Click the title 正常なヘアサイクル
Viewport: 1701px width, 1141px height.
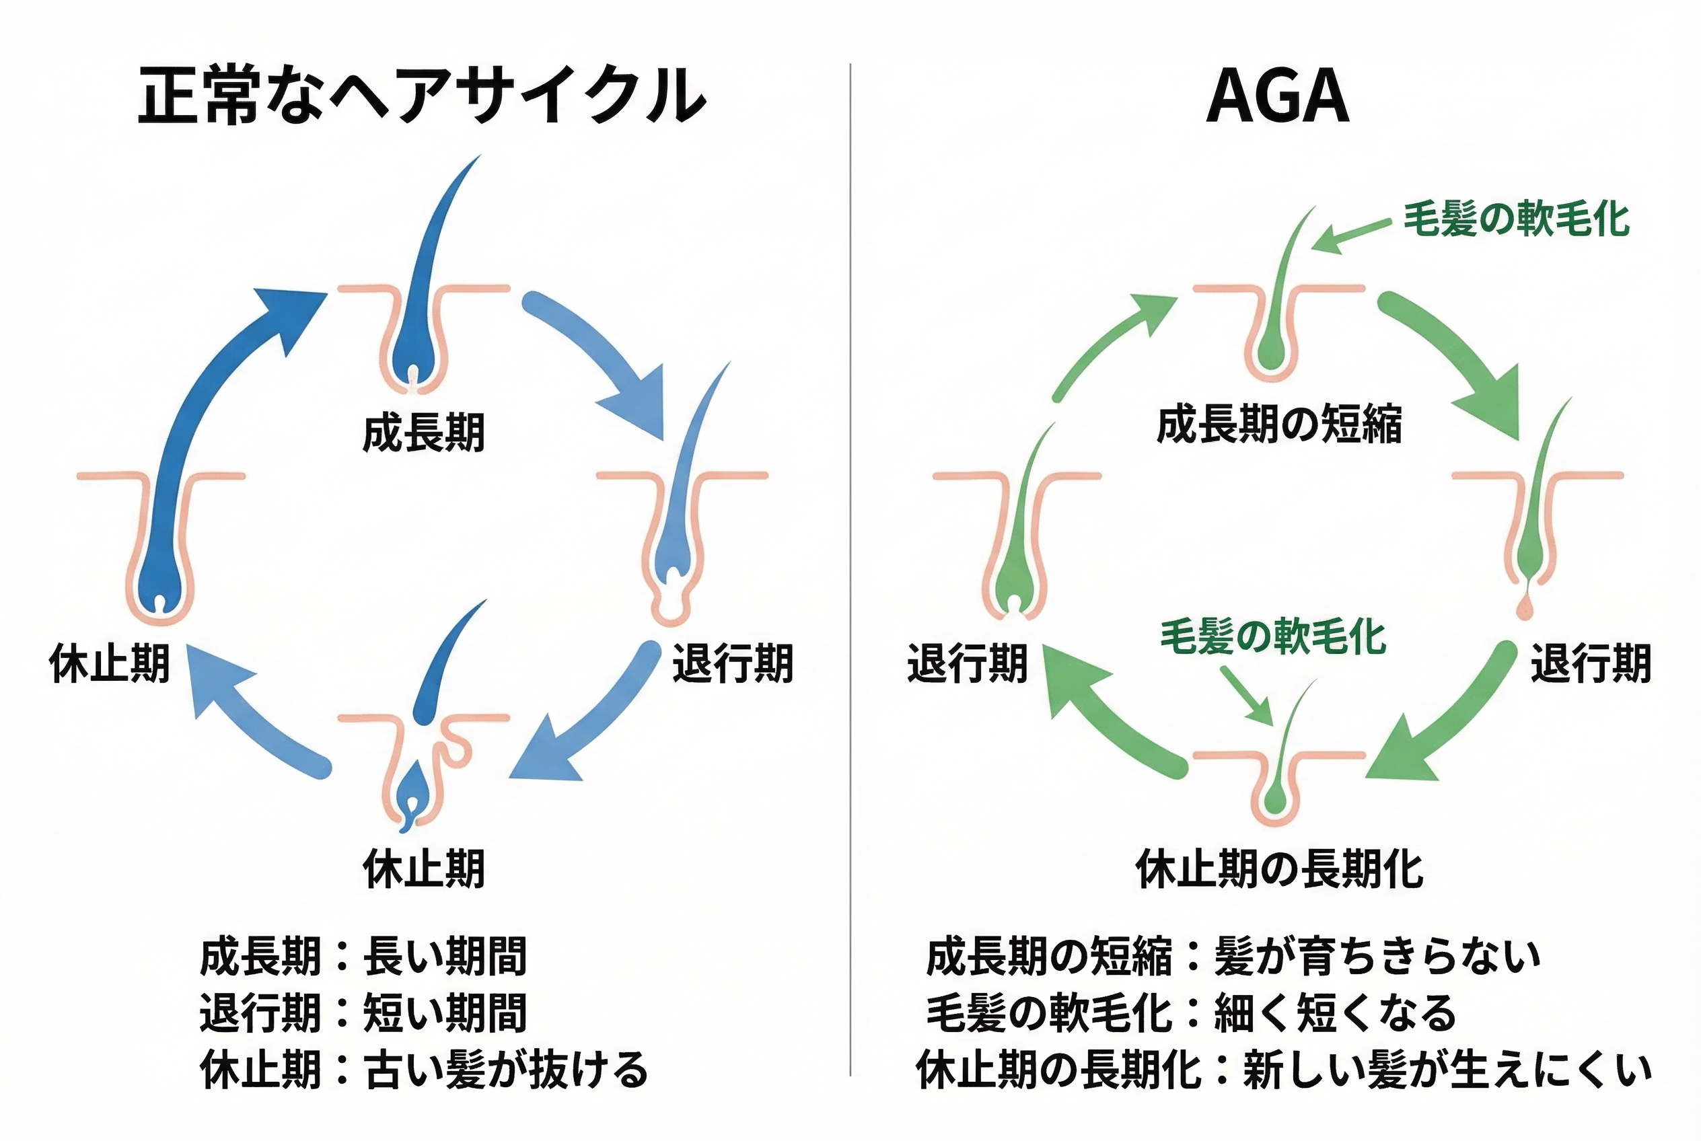click(422, 96)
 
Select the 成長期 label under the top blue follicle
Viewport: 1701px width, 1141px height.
click(424, 433)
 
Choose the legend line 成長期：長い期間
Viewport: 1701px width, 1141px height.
click(363, 956)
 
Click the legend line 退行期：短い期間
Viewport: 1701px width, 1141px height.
click(363, 1013)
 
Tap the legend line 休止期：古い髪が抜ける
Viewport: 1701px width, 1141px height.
click(424, 1070)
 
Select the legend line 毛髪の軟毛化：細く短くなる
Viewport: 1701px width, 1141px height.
click(1191, 1013)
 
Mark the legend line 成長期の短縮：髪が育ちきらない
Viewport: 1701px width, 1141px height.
click(1232, 956)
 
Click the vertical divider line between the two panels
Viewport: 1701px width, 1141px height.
click(850, 568)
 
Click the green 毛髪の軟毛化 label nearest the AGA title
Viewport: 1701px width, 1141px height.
click(1516, 219)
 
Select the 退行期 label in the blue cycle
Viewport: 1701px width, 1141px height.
click(732, 663)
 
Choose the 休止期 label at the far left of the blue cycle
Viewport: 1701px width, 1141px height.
click(109, 663)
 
